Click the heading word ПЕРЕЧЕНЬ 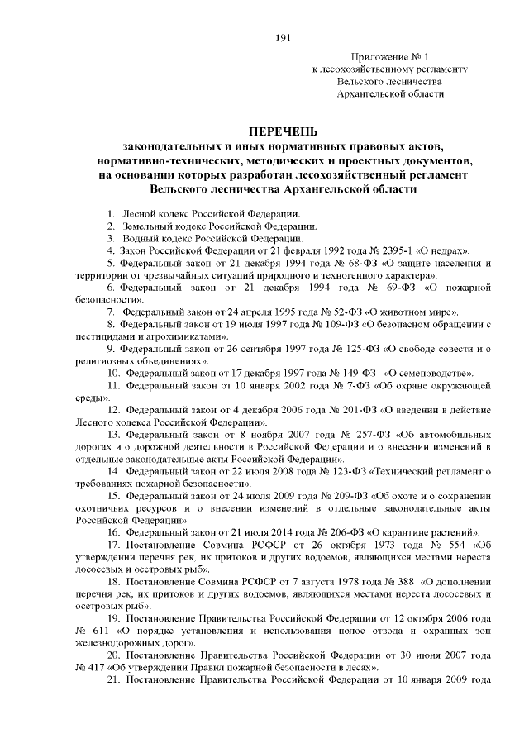281,132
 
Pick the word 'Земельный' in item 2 147,226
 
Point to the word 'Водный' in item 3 140,237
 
